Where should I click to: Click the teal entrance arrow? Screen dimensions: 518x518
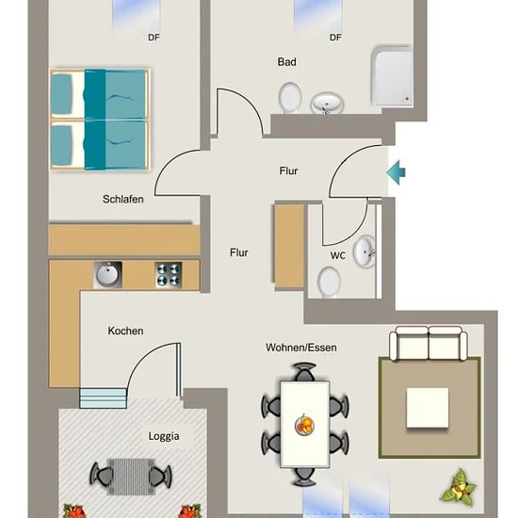(396, 172)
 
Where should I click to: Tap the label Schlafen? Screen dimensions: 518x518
(122, 200)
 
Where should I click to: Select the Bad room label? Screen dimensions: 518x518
(286, 62)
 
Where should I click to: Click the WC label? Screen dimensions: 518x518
(337, 255)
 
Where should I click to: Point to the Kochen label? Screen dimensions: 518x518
(125, 331)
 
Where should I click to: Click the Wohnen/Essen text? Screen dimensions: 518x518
(301, 348)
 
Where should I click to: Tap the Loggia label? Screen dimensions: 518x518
(164, 436)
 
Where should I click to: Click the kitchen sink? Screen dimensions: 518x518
(107, 274)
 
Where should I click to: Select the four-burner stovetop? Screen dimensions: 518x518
(169, 275)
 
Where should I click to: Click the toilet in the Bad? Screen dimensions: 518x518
(290, 98)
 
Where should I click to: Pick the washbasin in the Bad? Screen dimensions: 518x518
(327, 103)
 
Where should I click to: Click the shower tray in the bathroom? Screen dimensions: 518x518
(393, 76)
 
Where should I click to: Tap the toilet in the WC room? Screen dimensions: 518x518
(329, 283)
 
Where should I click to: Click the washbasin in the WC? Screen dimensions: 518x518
(364, 251)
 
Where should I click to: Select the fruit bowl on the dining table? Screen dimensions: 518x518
(304, 425)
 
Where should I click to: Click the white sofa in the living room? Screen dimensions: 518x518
(429, 343)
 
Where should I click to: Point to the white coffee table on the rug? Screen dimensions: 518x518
(428, 408)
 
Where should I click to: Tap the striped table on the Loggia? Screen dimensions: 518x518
(131, 476)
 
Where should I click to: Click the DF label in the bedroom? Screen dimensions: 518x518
(154, 38)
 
